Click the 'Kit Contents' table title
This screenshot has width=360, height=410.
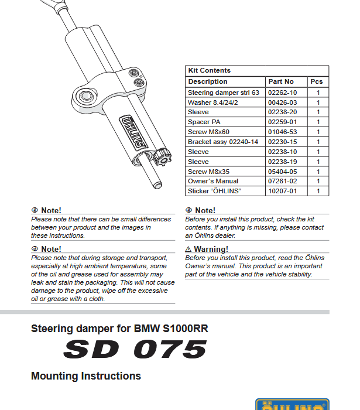click(209, 70)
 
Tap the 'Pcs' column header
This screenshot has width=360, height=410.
click(317, 81)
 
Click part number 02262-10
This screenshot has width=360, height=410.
click(282, 93)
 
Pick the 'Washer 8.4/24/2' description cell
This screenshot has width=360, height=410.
click(213, 102)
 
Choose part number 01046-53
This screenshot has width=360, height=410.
click(282, 132)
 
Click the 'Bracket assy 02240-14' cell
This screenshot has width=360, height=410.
click(222, 142)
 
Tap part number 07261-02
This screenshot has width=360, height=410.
click(282, 182)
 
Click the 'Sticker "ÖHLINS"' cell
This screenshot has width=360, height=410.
click(214, 192)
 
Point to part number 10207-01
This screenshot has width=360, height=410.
click(282, 192)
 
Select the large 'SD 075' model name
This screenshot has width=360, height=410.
click(135, 350)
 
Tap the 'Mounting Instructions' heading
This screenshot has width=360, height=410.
click(86, 376)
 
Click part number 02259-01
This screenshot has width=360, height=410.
click(282, 122)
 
